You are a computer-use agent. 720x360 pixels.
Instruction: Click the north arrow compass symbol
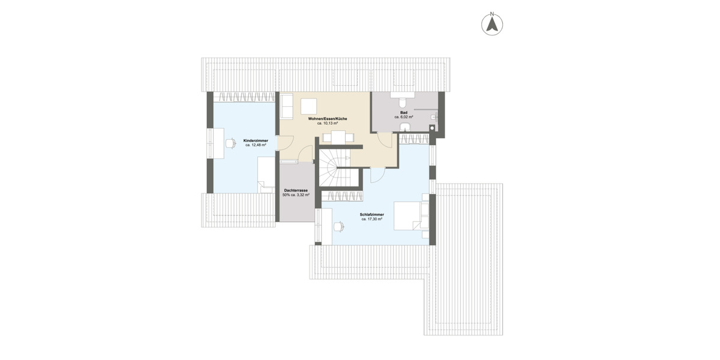click(x=492, y=24)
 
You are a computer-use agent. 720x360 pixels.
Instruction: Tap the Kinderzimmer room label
click(x=256, y=140)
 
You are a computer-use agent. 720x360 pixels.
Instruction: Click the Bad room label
click(x=404, y=112)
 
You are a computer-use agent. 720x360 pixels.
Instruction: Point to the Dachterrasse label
click(x=296, y=190)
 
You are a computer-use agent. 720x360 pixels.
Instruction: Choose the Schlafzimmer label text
click(x=372, y=215)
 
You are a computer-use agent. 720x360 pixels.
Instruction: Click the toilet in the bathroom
click(x=401, y=98)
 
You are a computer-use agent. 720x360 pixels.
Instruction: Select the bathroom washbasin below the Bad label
click(x=401, y=125)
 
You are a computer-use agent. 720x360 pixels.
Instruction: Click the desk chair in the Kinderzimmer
click(x=230, y=143)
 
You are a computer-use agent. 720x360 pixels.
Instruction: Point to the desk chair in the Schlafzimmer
click(x=339, y=226)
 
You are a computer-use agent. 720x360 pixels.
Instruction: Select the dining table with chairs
click(x=340, y=137)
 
